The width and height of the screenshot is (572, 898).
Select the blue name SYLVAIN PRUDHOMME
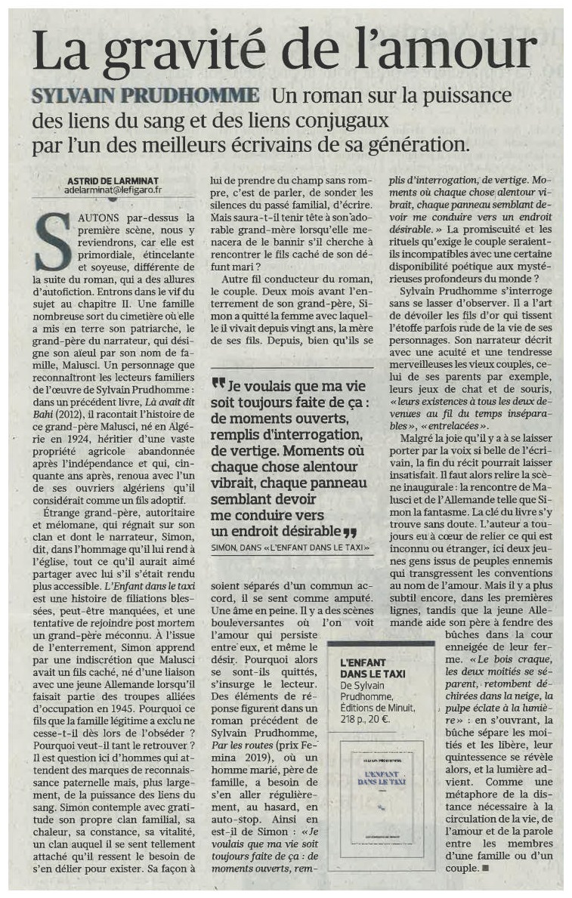click(x=145, y=96)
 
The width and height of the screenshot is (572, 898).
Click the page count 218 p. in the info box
click(x=353, y=720)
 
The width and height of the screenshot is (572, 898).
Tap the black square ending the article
click(x=485, y=868)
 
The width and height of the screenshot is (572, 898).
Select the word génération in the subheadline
click(x=435, y=143)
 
